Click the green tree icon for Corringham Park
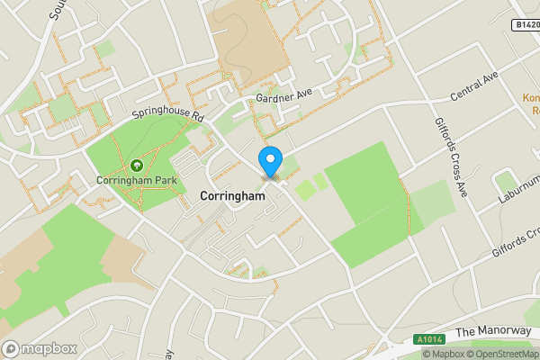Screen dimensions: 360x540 136,166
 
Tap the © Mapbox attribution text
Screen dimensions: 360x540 442,354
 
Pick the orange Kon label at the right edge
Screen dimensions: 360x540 530,97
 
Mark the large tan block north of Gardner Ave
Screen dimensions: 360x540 247,36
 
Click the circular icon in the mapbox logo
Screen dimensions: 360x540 11,348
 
